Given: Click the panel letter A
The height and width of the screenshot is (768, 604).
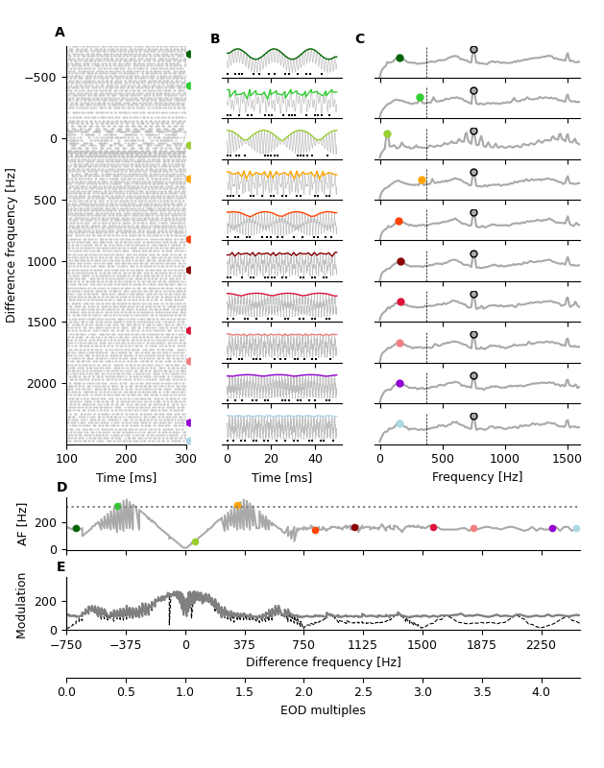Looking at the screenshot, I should coord(60,33).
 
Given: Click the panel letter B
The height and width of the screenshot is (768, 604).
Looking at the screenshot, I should coord(215,39).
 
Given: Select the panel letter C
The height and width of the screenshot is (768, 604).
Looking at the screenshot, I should coord(359,39).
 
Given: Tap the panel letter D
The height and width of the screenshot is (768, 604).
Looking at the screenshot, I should coord(61,488).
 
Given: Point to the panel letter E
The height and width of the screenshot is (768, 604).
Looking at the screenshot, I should coord(61,567).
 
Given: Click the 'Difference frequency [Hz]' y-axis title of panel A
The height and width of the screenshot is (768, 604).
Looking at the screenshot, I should coord(12,245).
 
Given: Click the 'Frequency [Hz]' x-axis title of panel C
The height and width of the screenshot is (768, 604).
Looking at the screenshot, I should coord(477,477).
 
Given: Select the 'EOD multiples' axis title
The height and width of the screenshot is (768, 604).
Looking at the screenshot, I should coord(323,710).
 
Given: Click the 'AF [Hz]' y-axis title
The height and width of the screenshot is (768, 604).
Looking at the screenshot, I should coord(23,524).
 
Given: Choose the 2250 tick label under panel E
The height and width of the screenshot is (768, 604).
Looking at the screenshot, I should coord(541,646).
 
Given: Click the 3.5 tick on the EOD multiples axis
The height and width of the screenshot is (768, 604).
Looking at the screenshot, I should coord(482,691).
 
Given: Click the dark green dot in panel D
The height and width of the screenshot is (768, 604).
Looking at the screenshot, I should coord(76,528).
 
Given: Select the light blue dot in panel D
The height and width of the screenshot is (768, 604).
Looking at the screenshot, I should coord(576,528).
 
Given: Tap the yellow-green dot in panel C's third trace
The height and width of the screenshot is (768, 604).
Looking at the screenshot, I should coord(387,134).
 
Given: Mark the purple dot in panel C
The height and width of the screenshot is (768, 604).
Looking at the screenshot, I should coord(399,383).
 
